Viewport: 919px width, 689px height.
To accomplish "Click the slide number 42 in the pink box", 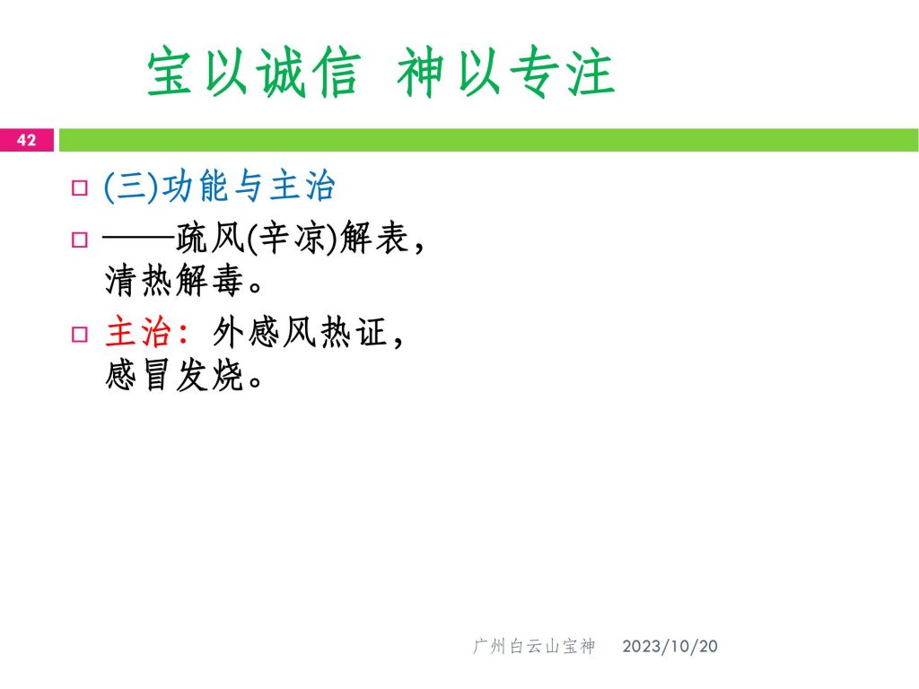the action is coord(26,140).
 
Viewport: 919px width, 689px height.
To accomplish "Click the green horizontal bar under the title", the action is coord(489,140).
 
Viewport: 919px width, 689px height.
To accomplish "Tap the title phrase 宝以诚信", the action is coord(252,72).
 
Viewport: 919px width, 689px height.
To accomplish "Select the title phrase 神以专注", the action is coord(506,72).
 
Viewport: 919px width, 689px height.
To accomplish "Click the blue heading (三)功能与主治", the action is coord(219,186).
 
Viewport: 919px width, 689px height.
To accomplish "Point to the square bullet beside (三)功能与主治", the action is coord(80,188).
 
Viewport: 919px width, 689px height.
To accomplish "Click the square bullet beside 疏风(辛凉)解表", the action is coord(80,239).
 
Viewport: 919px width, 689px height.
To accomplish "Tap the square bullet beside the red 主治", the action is coord(80,334).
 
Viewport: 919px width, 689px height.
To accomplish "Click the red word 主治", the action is coord(138,332).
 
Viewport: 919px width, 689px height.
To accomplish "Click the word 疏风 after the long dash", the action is coord(209,238).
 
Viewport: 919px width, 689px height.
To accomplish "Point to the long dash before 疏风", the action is coord(139,238).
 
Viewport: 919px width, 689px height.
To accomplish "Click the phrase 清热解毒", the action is coord(174,280).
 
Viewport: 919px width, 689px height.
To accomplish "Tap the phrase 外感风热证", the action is coord(299,332).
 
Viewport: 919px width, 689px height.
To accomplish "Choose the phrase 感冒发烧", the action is coord(174,375).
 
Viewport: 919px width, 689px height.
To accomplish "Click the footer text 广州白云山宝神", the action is coord(534,646).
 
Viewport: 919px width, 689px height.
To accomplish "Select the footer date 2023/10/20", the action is coord(670,646).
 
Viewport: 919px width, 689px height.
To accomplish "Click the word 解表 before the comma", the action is coord(374,238).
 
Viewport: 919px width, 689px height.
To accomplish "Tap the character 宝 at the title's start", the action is coord(170,72).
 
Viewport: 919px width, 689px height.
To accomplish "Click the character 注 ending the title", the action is coord(591,72).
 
